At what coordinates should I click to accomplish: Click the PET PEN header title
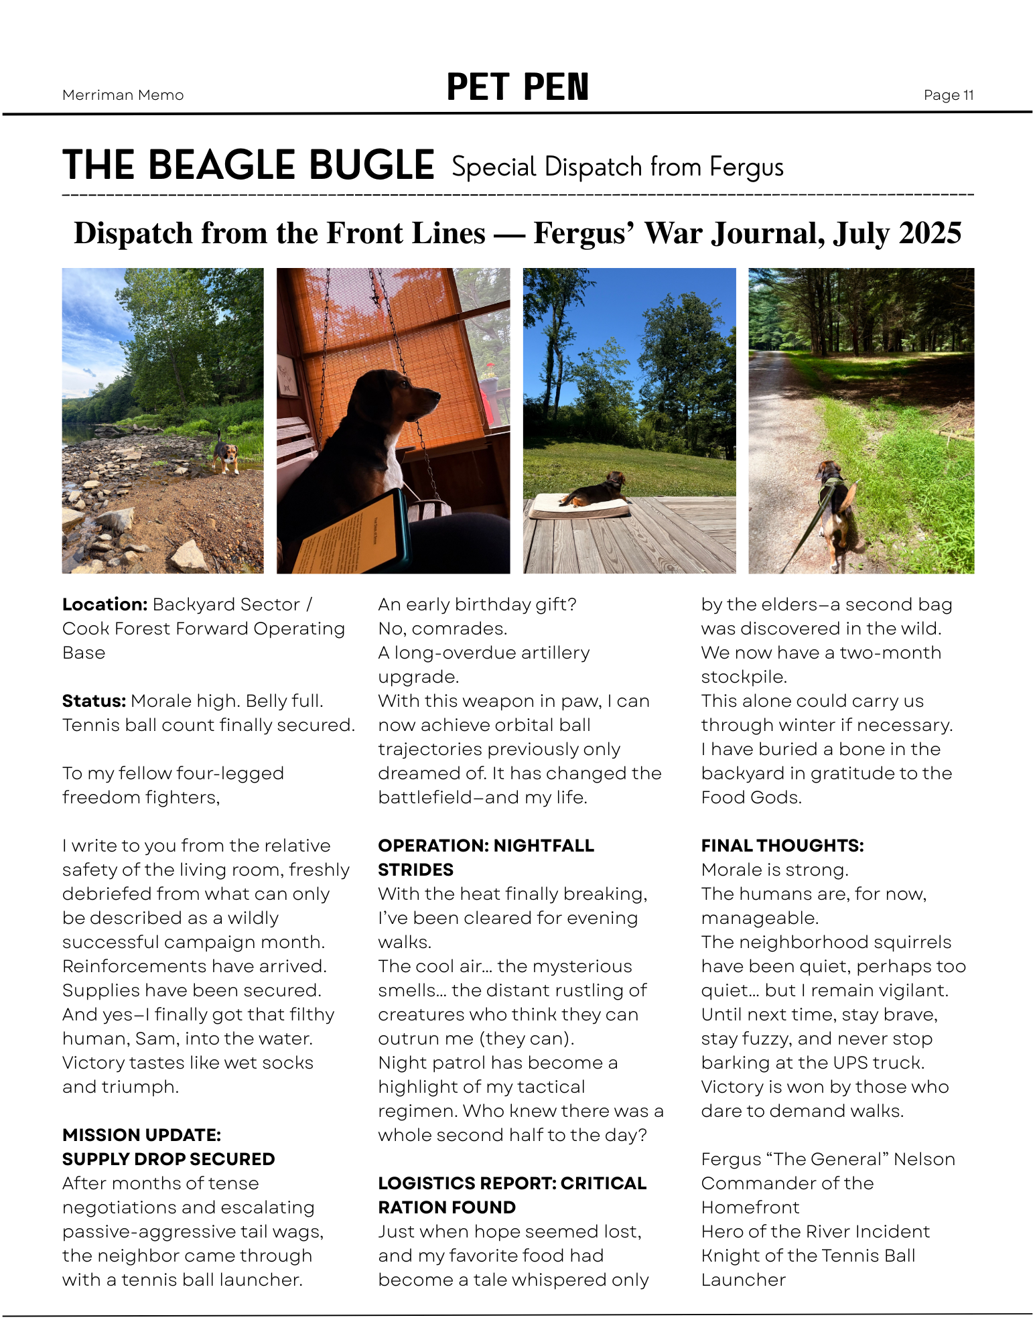(517, 88)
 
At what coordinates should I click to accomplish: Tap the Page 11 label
(948, 95)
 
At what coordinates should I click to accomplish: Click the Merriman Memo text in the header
(123, 95)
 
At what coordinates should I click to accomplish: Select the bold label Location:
(105, 604)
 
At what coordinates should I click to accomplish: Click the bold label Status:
(94, 701)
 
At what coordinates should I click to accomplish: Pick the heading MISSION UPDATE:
(141, 1135)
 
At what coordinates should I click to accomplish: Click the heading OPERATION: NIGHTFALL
(486, 846)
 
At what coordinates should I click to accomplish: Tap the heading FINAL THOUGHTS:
(782, 846)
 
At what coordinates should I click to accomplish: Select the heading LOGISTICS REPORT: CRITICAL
(512, 1183)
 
